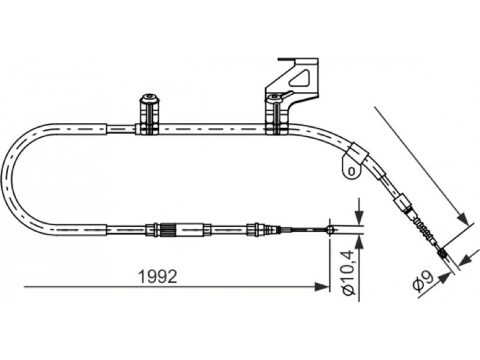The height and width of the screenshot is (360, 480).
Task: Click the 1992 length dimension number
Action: [158, 277]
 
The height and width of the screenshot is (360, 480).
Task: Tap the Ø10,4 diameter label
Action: [349, 273]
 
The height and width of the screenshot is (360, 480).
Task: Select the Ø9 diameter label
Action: [423, 281]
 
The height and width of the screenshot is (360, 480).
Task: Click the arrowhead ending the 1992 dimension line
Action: [322, 287]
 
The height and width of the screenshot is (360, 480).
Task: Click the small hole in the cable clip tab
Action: [352, 171]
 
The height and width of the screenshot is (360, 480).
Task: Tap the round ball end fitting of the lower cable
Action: [329, 230]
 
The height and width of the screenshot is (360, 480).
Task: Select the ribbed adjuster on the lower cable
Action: [167, 230]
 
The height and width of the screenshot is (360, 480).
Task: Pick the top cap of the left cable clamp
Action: [150, 98]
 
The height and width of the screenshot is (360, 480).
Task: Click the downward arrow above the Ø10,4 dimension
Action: [359, 218]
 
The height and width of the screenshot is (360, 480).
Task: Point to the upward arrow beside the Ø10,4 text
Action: [359, 242]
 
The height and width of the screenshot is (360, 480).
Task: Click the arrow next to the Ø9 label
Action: [445, 277]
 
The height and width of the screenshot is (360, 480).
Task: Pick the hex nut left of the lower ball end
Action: [254, 230]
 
